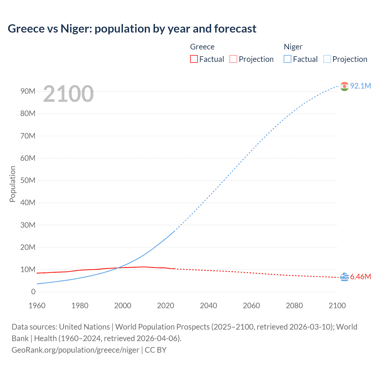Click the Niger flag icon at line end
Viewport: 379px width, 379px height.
344,86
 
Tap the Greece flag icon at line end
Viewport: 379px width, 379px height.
344,277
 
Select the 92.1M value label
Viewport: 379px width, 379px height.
360,86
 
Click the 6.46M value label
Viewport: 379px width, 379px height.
360,277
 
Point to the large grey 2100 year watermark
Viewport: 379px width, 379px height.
68,94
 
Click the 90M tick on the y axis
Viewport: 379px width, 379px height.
28,91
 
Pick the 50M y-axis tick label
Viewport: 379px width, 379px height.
28,180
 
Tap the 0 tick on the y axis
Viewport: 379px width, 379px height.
33,292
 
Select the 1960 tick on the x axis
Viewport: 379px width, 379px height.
37,306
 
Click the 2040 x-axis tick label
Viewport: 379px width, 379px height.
208,306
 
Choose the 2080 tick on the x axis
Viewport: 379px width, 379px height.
294,306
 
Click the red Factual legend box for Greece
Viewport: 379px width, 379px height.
194,59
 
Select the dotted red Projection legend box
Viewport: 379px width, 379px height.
233,59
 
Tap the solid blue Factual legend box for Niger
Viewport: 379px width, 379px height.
288,59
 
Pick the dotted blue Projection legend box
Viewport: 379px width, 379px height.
327,59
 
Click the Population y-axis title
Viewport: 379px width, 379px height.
12,184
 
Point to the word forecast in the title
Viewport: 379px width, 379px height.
235,29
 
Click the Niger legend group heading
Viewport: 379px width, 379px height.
293,47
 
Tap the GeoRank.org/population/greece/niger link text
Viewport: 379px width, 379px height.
75,350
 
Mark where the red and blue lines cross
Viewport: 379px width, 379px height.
118,268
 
